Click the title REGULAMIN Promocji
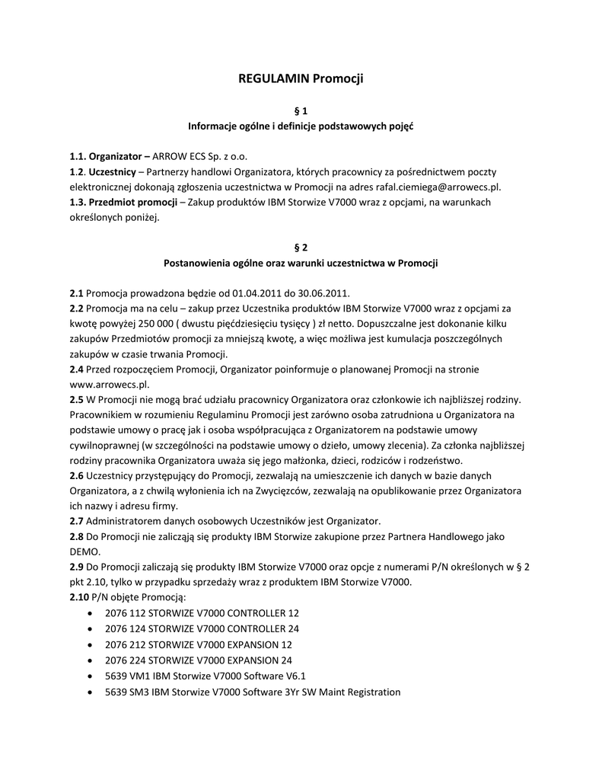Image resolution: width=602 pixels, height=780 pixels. (x=301, y=78)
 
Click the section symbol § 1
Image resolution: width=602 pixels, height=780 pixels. (x=301, y=110)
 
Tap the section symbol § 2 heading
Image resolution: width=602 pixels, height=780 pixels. (x=301, y=248)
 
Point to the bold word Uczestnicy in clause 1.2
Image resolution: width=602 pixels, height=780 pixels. (x=112, y=171)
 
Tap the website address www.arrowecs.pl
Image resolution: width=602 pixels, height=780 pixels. (x=109, y=385)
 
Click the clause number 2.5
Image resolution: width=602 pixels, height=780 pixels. (x=76, y=400)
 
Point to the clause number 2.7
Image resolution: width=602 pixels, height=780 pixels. (x=76, y=522)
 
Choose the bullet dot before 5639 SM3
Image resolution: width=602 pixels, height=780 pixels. (x=91, y=692)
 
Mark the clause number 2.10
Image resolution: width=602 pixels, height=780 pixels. (x=79, y=598)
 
